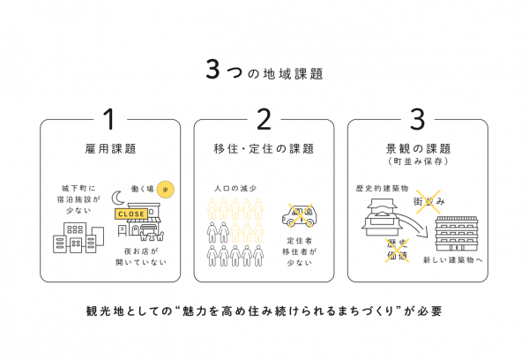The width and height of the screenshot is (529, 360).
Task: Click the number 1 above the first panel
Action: pos(110,119)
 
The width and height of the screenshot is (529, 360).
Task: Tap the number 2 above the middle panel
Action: pos(264,119)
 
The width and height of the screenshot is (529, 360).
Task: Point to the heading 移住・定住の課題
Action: pos(264,148)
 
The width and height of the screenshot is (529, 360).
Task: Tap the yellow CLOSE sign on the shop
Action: pos(130,214)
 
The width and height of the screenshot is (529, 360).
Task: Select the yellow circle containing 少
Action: pos(170,188)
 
